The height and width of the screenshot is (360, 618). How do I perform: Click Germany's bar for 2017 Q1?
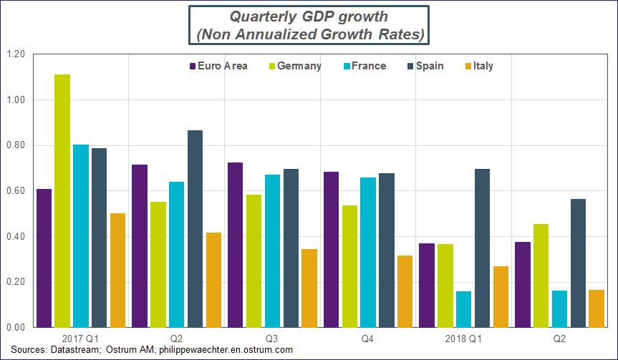pos(62,201)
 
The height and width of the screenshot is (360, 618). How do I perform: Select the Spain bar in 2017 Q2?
pos(195,229)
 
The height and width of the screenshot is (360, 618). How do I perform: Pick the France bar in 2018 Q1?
pos(463,309)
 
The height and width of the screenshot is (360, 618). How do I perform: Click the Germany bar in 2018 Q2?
pos(541,276)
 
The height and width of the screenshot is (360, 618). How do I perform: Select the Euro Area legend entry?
pos(218,66)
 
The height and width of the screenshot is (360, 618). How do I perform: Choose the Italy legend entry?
pos(478,66)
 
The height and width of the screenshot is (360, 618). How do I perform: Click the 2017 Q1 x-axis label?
pos(81,337)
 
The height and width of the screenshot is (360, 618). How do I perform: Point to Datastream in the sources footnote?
pos(76,350)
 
